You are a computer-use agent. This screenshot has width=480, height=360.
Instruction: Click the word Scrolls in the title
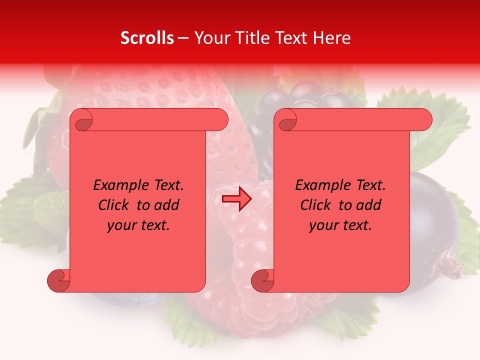[147, 38]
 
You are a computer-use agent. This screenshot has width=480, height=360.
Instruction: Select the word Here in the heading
[331, 38]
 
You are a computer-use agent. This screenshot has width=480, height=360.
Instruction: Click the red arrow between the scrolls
[237, 199]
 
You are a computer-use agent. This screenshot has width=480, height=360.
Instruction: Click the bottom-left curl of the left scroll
[58, 280]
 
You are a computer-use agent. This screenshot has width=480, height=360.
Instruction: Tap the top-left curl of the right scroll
[287, 120]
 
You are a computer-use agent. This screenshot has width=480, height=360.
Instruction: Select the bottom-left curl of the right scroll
[262, 280]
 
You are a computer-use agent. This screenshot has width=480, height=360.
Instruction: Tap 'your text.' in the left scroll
[138, 225]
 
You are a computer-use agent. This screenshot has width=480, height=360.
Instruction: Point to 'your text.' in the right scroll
[340, 225]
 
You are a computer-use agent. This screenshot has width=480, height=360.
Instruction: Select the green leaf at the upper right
[440, 130]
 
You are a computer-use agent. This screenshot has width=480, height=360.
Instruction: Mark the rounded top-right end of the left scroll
[220, 120]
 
